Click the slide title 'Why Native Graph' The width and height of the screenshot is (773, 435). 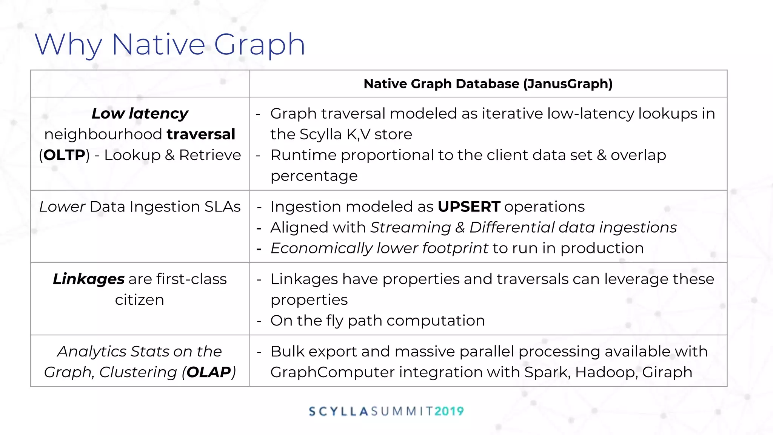pos(170,45)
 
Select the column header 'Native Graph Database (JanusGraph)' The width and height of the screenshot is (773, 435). pos(488,83)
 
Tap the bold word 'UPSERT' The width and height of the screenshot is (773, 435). pos(469,207)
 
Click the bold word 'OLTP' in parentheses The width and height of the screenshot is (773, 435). pos(64,155)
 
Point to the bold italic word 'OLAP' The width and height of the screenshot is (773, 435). pos(209,372)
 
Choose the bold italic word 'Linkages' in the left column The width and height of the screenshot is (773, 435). pos(89,279)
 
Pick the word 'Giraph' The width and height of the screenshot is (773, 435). pos(667,372)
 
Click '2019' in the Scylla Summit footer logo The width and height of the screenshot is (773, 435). pos(449,411)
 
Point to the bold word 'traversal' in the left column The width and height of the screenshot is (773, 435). pos(201,134)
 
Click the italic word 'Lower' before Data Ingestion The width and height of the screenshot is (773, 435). pos(62,207)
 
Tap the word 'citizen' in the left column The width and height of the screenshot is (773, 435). pos(140,300)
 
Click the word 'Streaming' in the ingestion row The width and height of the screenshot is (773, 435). pos(411,228)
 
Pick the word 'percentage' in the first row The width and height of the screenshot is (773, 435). pos(314,176)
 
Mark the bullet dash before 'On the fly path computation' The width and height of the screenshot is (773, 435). pos(259,321)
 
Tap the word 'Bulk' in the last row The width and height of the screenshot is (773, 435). pos(287,352)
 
